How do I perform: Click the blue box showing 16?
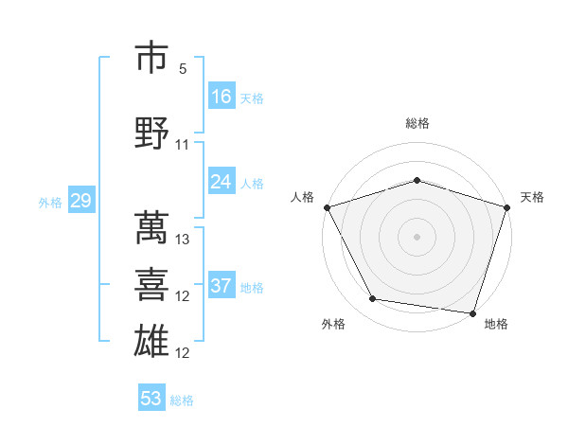(x=222, y=96)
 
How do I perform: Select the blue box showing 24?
(x=222, y=182)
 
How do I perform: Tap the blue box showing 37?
(x=222, y=286)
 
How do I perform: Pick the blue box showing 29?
(x=80, y=201)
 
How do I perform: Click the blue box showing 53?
(x=151, y=399)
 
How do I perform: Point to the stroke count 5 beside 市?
(x=183, y=70)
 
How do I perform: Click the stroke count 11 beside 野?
(x=183, y=145)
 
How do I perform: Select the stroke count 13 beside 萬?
(x=183, y=240)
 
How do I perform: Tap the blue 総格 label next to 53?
(x=183, y=400)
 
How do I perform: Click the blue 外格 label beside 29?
(x=50, y=202)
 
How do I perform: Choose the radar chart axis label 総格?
(x=417, y=123)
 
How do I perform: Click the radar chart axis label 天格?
(x=533, y=197)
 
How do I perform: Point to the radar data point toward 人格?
(x=327, y=206)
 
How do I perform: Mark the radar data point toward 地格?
(x=472, y=311)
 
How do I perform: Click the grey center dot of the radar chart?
(x=417, y=236)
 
